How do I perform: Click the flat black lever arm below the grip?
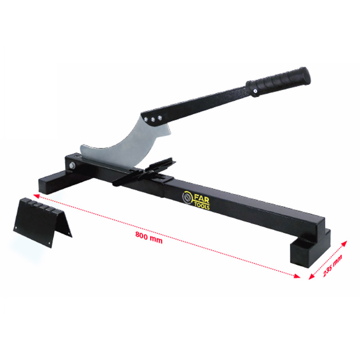coord(202,101)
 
